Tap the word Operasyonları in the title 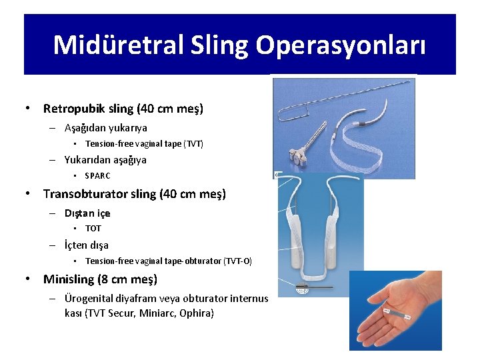[340, 45]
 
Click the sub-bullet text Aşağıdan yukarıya [105, 127]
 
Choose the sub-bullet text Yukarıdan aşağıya [105, 160]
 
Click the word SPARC [98, 176]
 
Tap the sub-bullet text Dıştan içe [87, 213]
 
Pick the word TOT [93, 229]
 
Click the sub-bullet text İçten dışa [87, 245]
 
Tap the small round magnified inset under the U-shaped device [301, 287]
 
